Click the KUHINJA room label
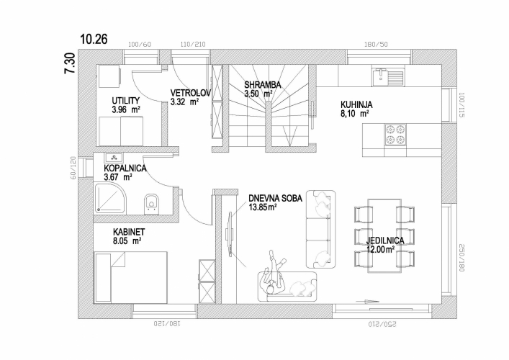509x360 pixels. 356,105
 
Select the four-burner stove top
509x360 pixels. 395,135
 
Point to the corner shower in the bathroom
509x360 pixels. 110,198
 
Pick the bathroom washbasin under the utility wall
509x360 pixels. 114,158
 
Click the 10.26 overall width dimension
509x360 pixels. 94,39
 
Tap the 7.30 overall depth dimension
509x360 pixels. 70,63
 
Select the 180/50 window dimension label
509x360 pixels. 376,45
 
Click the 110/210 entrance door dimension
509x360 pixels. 193,45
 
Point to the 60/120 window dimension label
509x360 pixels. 73,168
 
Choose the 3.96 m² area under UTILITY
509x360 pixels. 126,109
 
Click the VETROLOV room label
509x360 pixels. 191,93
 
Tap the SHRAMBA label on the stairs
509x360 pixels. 262,85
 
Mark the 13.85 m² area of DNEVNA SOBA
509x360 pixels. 263,207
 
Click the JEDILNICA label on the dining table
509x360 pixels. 385,241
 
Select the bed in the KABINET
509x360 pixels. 130,277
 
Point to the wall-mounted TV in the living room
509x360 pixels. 230,234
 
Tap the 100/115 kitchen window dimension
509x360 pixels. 461,105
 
